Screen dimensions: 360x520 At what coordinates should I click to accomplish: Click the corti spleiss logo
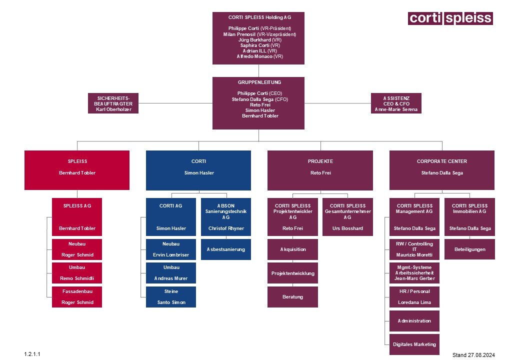[x=450, y=18]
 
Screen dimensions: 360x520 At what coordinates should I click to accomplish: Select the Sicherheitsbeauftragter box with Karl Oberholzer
[x=113, y=103]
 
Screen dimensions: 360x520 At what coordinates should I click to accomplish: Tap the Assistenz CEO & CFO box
[x=396, y=103]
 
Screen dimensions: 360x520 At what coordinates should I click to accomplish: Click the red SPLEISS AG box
[x=76, y=217]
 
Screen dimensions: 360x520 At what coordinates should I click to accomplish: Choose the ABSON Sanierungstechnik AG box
[x=226, y=217]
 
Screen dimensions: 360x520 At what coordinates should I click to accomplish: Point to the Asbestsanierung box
[x=226, y=249]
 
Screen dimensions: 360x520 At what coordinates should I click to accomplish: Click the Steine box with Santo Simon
[x=171, y=296]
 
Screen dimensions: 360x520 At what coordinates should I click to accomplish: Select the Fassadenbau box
[x=76, y=296]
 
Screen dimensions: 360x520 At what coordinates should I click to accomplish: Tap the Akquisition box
[x=292, y=249]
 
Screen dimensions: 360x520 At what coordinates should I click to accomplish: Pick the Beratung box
[x=292, y=296]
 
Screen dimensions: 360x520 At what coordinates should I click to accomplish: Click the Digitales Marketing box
[x=414, y=344]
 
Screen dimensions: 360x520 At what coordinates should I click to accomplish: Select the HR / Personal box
[x=414, y=296]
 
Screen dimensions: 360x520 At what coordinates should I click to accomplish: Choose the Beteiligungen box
[x=469, y=249]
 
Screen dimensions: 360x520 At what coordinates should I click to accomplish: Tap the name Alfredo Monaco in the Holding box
[x=259, y=56]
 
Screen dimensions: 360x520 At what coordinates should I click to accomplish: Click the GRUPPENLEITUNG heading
[x=259, y=82]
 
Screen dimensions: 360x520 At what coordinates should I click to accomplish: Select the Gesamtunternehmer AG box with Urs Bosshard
[x=347, y=217]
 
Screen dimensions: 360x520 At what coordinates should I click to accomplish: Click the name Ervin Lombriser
[x=171, y=255]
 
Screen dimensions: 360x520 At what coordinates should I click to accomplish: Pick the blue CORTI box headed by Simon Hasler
[x=198, y=170]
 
